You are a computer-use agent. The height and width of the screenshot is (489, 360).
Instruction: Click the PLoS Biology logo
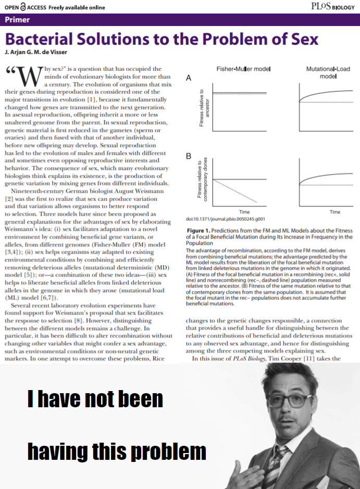[336, 7]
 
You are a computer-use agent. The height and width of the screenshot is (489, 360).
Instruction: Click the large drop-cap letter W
[27, 78]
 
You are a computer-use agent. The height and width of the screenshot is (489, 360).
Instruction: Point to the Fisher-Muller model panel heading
[243, 69]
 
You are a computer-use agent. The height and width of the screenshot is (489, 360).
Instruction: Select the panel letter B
[189, 156]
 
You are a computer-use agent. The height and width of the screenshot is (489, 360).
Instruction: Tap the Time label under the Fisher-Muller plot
[244, 212]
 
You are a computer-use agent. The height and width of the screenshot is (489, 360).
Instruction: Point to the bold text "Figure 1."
[201, 230]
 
